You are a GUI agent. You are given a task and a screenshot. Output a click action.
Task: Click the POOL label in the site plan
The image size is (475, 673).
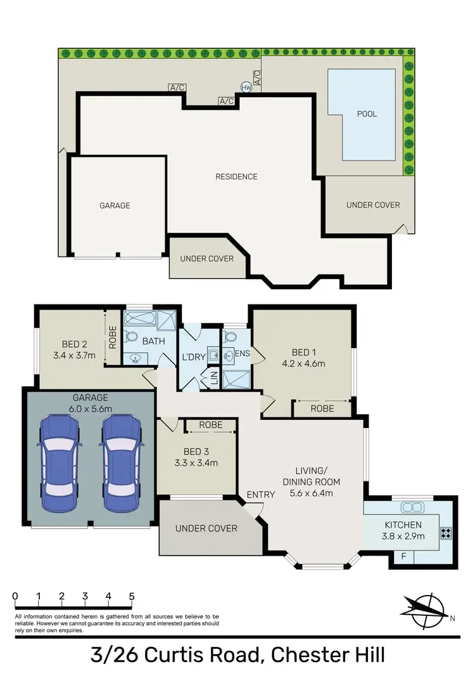click(x=367, y=114)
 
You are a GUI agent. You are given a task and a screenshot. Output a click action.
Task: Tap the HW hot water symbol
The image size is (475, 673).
click(x=246, y=88)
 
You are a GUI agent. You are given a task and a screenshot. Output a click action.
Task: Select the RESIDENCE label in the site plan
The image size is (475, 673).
click(x=236, y=176)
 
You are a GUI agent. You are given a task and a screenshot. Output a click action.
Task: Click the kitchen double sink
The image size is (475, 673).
click(x=412, y=507)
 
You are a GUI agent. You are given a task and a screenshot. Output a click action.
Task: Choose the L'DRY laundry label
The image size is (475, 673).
click(x=194, y=357)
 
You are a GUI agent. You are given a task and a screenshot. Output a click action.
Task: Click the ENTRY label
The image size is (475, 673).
click(x=260, y=495)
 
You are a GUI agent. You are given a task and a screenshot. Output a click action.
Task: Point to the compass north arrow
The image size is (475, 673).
click(x=426, y=607)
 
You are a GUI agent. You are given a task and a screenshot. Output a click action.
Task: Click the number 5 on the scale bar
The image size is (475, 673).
click(x=132, y=596)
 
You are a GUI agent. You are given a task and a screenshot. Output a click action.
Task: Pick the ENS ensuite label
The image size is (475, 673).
click(x=243, y=353)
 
